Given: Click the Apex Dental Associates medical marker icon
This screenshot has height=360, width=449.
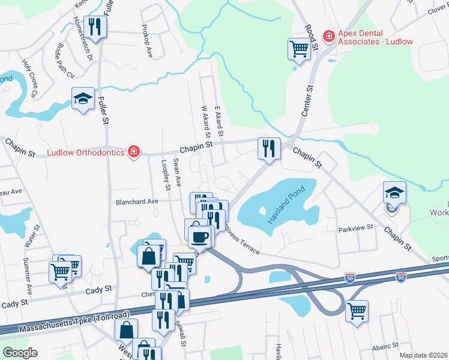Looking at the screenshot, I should (328, 37).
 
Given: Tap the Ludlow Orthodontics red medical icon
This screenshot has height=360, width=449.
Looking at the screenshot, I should (134, 152).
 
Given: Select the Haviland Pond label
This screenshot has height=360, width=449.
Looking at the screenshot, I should (287, 206).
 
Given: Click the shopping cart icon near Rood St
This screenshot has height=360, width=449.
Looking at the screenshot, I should (298, 49).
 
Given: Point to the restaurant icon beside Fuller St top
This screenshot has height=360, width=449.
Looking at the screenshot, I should (95, 26).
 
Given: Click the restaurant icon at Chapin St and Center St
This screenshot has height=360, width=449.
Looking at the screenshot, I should (268, 148).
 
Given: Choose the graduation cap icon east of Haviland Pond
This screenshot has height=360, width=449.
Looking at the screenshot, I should (394, 193).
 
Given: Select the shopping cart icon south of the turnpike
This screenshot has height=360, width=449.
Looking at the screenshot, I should (357, 311).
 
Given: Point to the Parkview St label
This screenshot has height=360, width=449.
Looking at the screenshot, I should (355, 228).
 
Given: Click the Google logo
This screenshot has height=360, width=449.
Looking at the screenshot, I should (19, 353).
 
